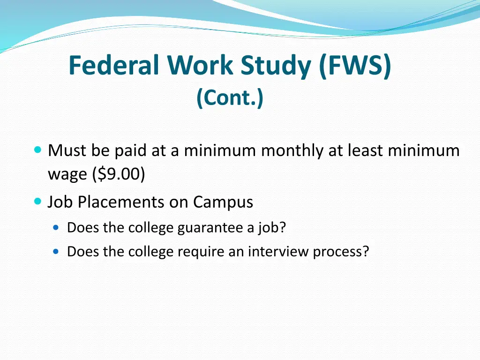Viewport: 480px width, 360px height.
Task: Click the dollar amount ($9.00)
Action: (119, 174)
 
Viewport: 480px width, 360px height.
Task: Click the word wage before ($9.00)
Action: (68, 174)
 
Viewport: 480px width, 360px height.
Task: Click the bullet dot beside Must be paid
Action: (38, 150)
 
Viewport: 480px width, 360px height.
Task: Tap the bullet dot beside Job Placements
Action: (38, 202)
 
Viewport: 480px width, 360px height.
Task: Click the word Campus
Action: (223, 202)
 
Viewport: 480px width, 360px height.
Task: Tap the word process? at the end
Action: (341, 252)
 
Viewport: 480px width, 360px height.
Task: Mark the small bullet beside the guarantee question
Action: (56, 227)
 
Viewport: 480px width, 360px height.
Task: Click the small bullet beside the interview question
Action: (56, 251)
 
